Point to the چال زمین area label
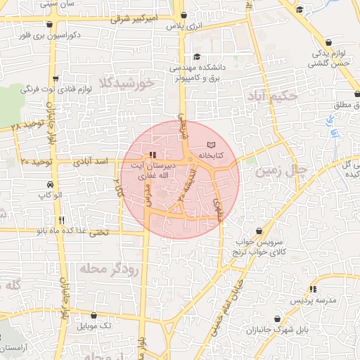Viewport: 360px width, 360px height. (x=282, y=170)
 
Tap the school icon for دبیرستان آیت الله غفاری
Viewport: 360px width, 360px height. (x=152, y=155)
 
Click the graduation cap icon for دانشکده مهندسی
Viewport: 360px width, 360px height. (x=197, y=57)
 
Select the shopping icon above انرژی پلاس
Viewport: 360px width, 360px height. (x=184, y=15)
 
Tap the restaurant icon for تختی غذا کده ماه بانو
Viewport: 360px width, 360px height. (x=63, y=219)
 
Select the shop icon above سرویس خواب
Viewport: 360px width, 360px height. (x=260, y=231)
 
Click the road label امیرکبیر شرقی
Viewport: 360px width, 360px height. (x=147, y=16)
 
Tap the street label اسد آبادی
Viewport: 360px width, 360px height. (x=91, y=162)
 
